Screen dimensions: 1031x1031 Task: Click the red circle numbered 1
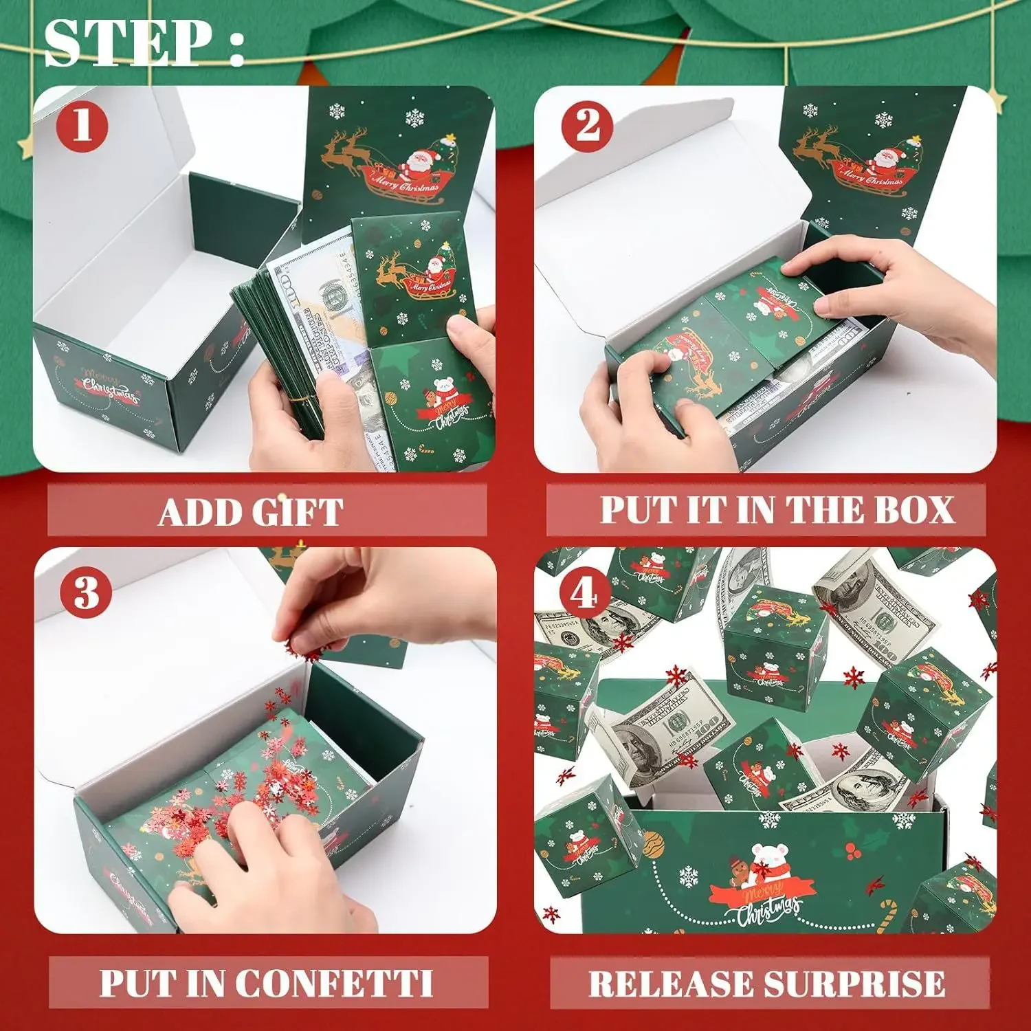click(x=82, y=125)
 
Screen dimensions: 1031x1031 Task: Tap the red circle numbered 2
click(x=588, y=125)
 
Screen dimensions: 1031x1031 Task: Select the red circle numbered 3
click(x=87, y=592)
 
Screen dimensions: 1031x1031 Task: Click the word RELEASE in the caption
click(x=670, y=984)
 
